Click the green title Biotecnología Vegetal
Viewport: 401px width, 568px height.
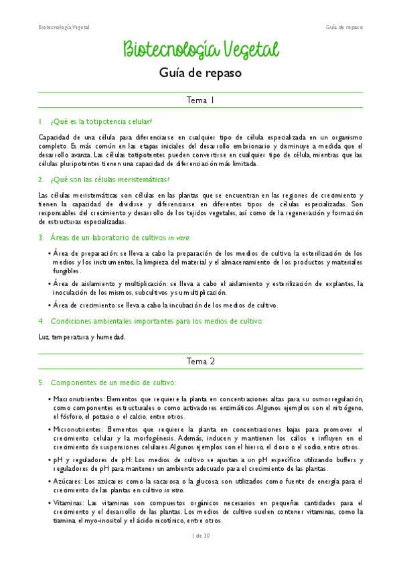[x=200, y=50]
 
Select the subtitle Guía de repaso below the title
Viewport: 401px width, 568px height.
[x=200, y=72]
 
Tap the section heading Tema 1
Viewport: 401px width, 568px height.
[x=200, y=100]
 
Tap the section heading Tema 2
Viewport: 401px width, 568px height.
[x=200, y=361]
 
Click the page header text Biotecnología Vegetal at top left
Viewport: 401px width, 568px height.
[x=63, y=27]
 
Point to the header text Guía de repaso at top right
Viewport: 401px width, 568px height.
[x=344, y=27]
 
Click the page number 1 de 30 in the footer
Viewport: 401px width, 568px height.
[x=200, y=535]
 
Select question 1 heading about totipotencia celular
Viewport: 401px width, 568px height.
[x=100, y=121]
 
